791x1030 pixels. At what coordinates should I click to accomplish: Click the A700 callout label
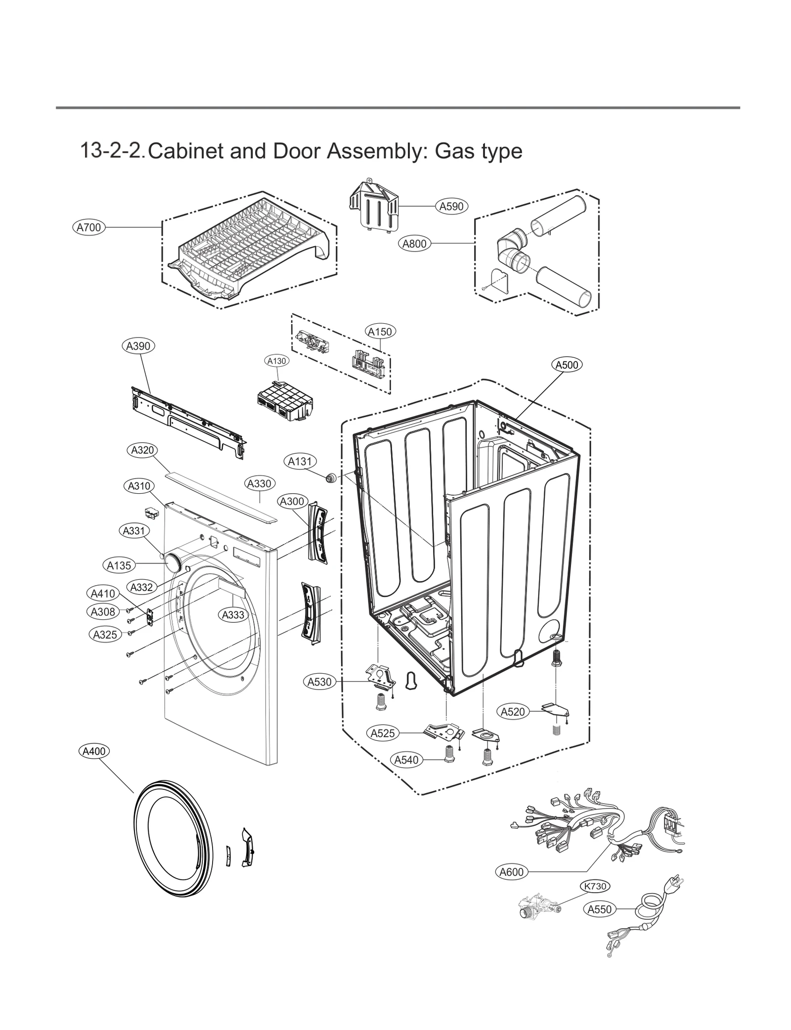coord(88,227)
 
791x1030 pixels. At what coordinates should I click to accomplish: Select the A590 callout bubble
coord(451,206)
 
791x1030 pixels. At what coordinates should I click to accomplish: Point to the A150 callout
coord(380,332)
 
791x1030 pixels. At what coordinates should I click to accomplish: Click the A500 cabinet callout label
coord(567,365)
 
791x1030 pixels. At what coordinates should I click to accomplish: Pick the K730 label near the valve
coord(595,886)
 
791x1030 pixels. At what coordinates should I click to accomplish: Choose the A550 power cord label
coord(600,908)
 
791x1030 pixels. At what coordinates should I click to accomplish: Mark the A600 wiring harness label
coord(511,872)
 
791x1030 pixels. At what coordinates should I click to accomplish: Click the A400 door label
coord(94,751)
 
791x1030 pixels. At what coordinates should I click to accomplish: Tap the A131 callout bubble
coord(300,461)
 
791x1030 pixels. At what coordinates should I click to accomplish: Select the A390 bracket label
coord(138,346)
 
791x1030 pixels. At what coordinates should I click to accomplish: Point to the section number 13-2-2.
coord(112,150)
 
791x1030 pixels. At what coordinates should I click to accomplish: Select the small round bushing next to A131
coord(330,477)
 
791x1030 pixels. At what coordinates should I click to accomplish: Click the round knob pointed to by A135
coord(173,563)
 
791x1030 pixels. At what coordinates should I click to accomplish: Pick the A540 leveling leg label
coord(406,760)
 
